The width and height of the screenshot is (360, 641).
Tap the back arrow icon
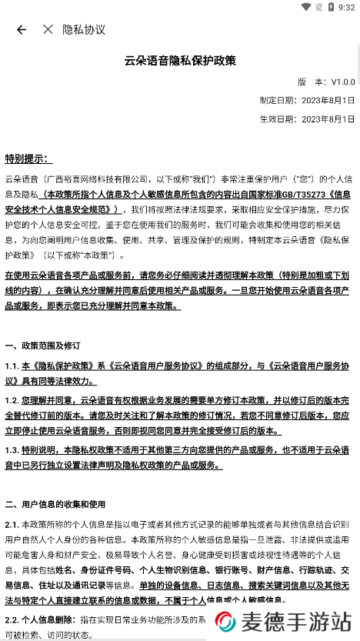22,29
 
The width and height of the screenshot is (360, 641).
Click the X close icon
48,29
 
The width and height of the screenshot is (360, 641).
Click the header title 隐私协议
84,29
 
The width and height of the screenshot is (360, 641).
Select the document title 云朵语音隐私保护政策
180,60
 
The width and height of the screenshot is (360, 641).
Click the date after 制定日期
328,100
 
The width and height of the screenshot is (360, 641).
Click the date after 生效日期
328,119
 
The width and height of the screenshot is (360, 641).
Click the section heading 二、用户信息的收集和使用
55,504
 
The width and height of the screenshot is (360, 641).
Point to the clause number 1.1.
12,367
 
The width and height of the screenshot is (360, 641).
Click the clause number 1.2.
12,400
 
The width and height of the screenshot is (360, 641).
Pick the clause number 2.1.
12,524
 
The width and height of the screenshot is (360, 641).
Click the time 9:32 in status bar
346,8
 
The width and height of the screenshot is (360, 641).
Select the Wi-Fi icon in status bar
307,8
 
